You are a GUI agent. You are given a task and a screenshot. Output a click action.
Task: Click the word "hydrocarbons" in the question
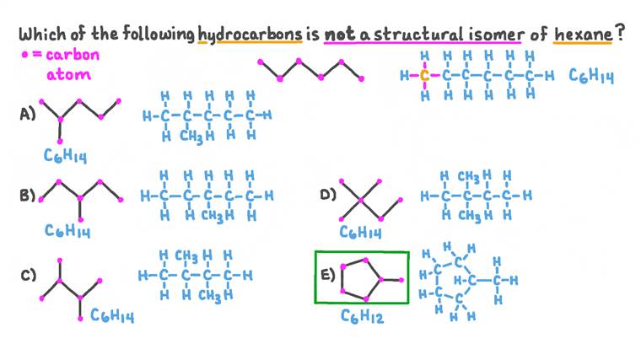pos(247,35)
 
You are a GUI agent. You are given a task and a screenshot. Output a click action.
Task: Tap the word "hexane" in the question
pos(583,35)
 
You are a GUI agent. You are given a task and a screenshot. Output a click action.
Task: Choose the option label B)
pos(27,196)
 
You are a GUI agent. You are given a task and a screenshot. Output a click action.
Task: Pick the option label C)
pos(27,274)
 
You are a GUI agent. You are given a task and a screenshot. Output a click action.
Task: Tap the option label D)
pos(328,196)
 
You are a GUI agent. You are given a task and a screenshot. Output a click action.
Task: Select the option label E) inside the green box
pos(327,274)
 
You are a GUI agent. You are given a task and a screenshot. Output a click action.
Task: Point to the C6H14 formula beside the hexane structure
pos(590,77)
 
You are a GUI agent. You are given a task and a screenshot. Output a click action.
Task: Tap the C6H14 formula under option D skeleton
pos(360,234)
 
